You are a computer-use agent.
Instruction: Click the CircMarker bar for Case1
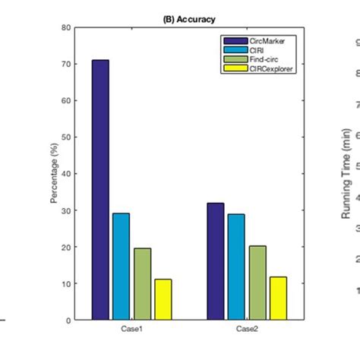tap(100, 190)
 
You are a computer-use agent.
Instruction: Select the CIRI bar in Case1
tap(121, 266)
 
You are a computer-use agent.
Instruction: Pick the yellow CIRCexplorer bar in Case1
tap(163, 299)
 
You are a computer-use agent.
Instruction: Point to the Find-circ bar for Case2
tap(257, 283)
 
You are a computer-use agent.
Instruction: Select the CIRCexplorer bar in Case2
tap(278, 298)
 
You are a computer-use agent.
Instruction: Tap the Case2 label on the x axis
tap(246, 329)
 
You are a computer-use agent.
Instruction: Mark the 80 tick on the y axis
tap(66, 28)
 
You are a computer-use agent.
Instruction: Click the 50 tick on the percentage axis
tap(66, 137)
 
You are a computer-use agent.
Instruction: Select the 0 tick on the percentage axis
tap(68, 321)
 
